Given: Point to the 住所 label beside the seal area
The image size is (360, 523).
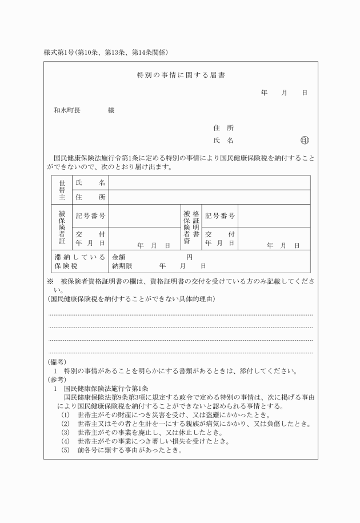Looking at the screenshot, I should (x=223, y=127).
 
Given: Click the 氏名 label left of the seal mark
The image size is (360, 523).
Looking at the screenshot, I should (x=223, y=140).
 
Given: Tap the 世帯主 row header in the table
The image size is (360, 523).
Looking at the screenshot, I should (x=62, y=190).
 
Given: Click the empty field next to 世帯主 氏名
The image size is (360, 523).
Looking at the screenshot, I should (x=209, y=182).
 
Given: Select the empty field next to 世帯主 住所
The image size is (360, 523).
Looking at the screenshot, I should (x=209, y=197).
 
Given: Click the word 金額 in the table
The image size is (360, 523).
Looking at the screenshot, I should (x=118, y=258).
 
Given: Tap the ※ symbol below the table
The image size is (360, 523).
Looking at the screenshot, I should (x=50, y=281).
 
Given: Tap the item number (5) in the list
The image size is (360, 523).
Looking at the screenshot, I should (x=65, y=449).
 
